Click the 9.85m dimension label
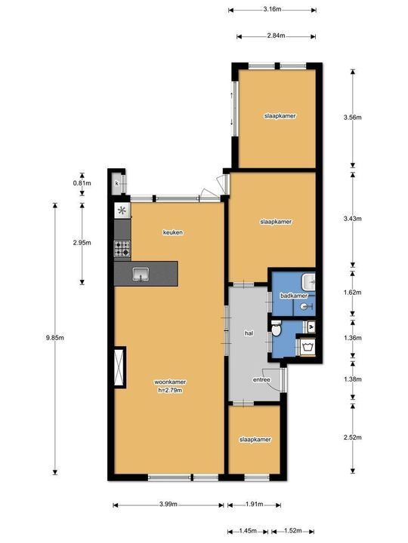click(x=55, y=338)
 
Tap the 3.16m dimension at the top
click(x=272, y=9)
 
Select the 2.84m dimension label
click(x=277, y=35)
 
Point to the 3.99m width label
click(x=168, y=505)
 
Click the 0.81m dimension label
click(x=82, y=183)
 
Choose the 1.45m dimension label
click(x=248, y=531)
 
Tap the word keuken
click(x=173, y=232)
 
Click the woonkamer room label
click(x=170, y=382)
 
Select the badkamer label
click(x=294, y=296)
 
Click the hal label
click(x=249, y=333)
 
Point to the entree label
click(x=261, y=379)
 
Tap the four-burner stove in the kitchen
click(x=122, y=249)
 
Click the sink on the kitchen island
click(x=141, y=275)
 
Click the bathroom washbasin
click(x=309, y=282)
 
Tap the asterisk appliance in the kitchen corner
click(x=122, y=210)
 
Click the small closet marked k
click(x=117, y=183)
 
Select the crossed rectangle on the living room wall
click(x=119, y=367)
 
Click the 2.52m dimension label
click(x=353, y=437)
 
